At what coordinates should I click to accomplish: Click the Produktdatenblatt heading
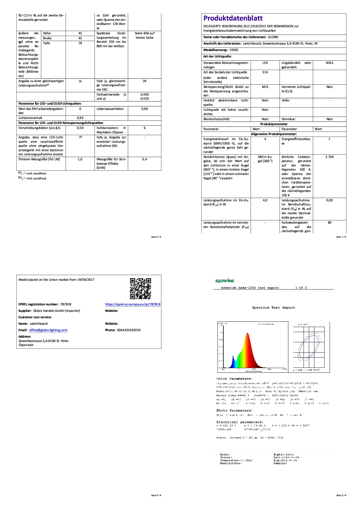[x=233, y=18]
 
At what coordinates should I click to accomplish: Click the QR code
[x=141, y=288]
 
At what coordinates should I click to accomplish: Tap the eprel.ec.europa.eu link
[x=133, y=304]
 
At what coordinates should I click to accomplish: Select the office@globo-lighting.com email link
[x=48, y=330]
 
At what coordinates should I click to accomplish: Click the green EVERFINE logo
[x=225, y=281]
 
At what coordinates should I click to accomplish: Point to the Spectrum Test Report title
[x=273, y=308]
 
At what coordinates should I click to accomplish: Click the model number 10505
[x=234, y=50]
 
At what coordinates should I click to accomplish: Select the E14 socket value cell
[x=265, y=72]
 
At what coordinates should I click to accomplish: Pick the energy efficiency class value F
[x=329, y=139]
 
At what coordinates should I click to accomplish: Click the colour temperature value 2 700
[x=329, y=157]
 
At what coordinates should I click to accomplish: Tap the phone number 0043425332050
[x=129, y=330]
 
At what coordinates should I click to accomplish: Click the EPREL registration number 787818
[x=66, y=304]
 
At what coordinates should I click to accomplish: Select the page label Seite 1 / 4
[x=341, y=237]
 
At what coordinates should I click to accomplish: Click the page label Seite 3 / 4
[x=341, y=495]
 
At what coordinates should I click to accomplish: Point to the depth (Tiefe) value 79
[x=80, y=43]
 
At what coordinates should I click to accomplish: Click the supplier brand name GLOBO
[x=273, y=37]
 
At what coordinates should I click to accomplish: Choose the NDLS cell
[x=329, y=63]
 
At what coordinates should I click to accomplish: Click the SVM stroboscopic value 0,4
[x=144, y=159]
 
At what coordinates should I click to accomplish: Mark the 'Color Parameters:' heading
[x=234, y=379]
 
